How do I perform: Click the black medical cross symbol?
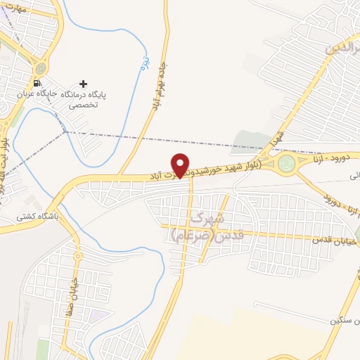pos(84,84)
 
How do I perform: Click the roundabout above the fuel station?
pos(41,69)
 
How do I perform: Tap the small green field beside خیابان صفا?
pos(44,348)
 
